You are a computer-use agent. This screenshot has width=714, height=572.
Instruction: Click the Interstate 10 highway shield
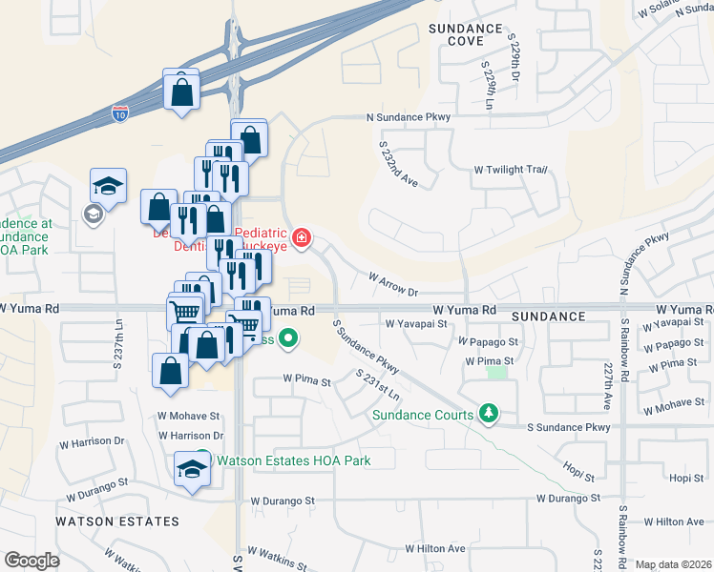click(119, 114)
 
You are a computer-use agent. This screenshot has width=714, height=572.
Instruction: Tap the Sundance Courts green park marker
click(489, 413)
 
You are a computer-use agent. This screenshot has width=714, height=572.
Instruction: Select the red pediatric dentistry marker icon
click(302, 237)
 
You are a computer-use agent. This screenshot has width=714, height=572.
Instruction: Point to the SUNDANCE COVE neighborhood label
click(465, 35)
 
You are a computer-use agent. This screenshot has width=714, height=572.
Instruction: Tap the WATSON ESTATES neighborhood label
click(116, 521)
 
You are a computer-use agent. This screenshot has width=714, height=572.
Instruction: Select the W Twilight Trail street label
click(511, 170)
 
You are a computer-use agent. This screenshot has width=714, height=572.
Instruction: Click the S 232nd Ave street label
click(398, 164)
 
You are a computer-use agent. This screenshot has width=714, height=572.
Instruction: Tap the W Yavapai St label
click(417, 324)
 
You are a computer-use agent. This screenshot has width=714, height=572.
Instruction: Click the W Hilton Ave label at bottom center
click(434, 549)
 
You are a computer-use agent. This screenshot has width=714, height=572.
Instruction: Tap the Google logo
click(31, 561)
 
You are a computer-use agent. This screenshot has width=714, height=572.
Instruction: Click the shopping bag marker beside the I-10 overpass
click(180, 92)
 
